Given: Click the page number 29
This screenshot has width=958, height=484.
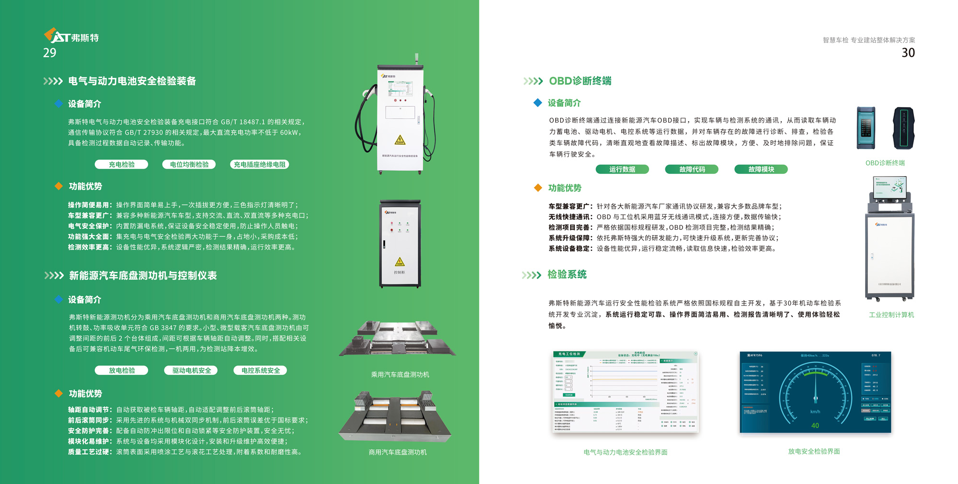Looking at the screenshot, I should click(50, 53).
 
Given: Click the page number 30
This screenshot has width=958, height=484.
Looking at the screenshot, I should click(908, 53).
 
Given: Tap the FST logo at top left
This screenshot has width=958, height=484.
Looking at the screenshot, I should click(71, 36).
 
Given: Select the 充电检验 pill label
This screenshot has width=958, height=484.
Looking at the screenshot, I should click(121, 164).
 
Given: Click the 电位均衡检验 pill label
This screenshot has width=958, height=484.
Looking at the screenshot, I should click(189, 164).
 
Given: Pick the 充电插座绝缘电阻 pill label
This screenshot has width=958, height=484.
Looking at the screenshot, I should click(260, 164).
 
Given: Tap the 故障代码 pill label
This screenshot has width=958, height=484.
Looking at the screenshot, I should click(692, 169).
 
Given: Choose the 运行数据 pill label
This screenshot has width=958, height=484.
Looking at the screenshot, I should click(622, 169).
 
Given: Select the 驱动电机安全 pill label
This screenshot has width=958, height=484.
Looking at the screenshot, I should click(191, 370).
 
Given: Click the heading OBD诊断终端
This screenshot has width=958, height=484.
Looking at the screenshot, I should click(580, 81).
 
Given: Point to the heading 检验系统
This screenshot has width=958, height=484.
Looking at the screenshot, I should click(567, 274).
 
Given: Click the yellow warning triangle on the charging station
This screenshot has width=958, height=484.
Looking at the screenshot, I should click(400, 140).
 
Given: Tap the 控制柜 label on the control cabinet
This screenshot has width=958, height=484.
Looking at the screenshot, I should click(399, 272).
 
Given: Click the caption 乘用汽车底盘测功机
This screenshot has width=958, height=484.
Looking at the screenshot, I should click(400, 374).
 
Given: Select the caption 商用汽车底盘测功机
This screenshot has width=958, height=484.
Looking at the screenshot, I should click(398, 452).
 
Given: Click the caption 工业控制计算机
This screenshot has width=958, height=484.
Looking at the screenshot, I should click(891, 315).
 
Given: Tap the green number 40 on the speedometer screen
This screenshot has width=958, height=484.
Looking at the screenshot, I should click(815, 425).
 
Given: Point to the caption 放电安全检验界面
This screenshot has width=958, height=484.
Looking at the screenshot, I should click(814, 451).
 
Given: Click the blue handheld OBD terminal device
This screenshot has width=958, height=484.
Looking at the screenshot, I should click(866, 128).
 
